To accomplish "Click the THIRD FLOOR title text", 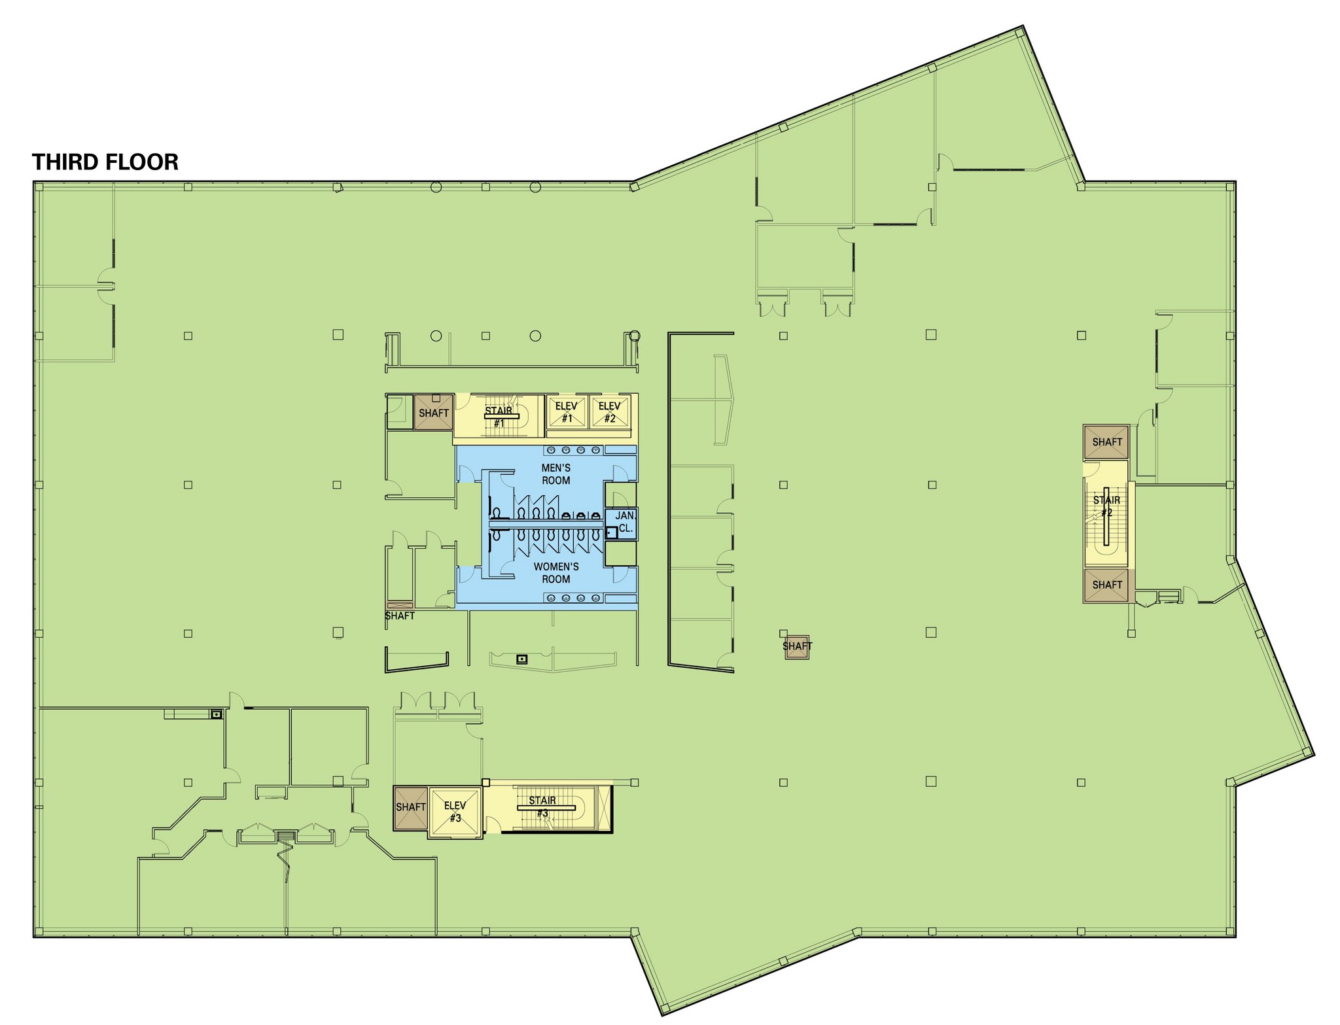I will (x=105, y=162).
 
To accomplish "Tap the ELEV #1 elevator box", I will (x=567, y=412).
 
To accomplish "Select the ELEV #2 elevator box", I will (x=610, y=412).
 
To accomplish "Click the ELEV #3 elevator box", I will (x=455, y=812).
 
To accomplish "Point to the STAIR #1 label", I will (x=499, y=417).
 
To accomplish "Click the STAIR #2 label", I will (x=1106, y=506).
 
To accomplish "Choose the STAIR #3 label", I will (x=542, y=807).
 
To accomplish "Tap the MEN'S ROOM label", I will (x=555, y=474).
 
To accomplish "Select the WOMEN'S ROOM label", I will (x=555, y=573).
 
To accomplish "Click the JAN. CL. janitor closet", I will (x=626, y=523).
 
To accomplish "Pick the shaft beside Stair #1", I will (x=434, y=413).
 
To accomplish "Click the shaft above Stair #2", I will (x=1106, y=442).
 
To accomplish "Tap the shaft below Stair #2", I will (x=1106, y=585).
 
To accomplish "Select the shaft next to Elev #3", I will (x=410, y=807).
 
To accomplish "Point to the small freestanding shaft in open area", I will (x=797, y=646).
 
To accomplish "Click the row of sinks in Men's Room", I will (x=573, y=450).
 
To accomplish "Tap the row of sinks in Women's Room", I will (x=573, y=598).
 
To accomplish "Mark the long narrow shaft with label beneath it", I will (x=400, y=605).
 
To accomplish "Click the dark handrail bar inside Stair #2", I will (x=1106, y=517).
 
